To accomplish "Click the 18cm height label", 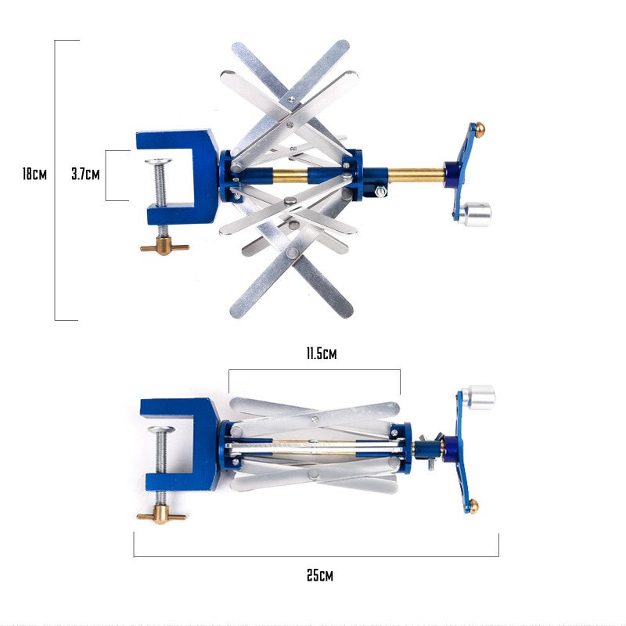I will click(x=34, y=174).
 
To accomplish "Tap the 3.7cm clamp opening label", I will click(x=85, y=174).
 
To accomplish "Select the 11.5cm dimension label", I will click(x=321, y=354).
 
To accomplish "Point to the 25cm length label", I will click(x=319, y=576).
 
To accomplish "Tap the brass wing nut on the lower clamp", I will click(x=161, y=516).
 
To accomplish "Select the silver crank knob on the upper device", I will click(x=475, y=214).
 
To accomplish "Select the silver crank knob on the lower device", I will click(x=478, y=397).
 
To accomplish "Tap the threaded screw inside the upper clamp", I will click(x=160, y=188).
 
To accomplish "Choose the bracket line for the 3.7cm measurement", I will click(x=106, y=175).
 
